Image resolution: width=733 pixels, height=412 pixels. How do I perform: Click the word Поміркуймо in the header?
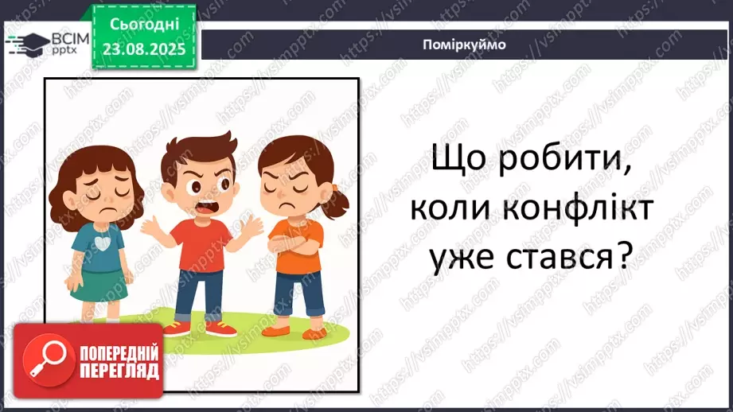466,45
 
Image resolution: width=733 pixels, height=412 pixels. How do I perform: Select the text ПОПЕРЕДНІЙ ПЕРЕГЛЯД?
119,362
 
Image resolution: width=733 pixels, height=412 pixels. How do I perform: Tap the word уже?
457,257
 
